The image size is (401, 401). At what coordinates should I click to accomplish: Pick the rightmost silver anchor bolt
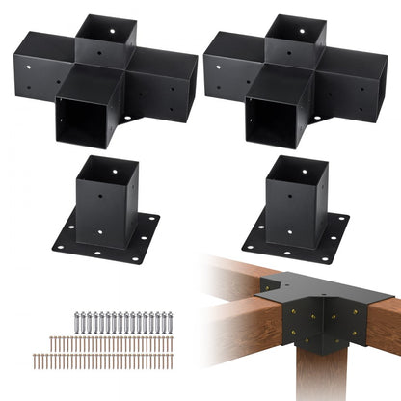(170, 322)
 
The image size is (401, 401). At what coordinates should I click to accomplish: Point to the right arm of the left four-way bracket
(154, 92)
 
